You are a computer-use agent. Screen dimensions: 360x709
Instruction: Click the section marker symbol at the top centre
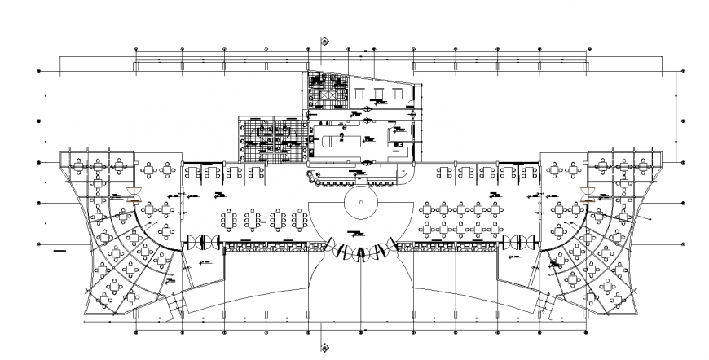[x=324, y=39]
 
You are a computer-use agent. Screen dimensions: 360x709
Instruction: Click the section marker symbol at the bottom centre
[x=324, y=346]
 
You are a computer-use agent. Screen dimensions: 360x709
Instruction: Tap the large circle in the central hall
[x=359, y=201]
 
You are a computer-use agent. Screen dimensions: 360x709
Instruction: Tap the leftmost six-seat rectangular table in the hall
[x=228, y=218]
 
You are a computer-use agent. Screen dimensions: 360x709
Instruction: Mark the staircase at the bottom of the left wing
[x=173, y=306]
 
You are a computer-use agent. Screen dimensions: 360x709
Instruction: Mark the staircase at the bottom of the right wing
[x=544, y=306]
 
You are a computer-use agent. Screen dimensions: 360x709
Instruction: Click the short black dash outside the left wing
[x=59, y=252]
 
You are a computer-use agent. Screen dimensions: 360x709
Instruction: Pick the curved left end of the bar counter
[x=310, y=177]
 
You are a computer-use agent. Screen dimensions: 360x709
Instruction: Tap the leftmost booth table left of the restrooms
[x=192, y=173]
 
